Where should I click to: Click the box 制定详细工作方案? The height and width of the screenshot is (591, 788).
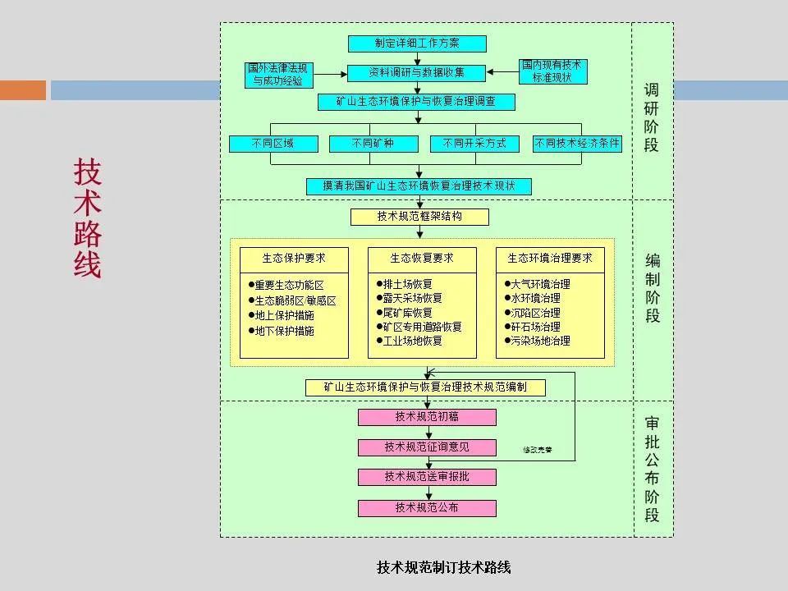(417, 44)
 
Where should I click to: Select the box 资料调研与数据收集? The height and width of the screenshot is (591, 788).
(417, 73)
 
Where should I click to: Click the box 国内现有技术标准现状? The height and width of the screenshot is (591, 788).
(553, 71)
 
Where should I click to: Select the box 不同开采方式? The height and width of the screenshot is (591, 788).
(474, 144)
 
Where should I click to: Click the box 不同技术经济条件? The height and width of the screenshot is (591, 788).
(577, 144)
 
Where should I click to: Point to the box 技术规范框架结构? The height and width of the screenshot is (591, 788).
(419, 217)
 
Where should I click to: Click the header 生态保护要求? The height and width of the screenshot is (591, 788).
(294, 258)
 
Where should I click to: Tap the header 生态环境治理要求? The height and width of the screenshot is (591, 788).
(550, 258)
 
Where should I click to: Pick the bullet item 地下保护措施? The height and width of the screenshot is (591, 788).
(284, 331)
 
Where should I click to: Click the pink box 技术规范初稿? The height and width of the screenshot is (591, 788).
(427, 417)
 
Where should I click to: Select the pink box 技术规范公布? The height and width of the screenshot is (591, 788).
(427, 508)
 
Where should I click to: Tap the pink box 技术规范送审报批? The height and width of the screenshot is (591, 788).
(427, 477)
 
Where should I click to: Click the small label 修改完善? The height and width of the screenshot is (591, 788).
(538, 450)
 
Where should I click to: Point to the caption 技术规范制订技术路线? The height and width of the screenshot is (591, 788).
(443, 567)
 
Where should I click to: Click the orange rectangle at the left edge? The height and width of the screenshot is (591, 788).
(22, 89)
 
